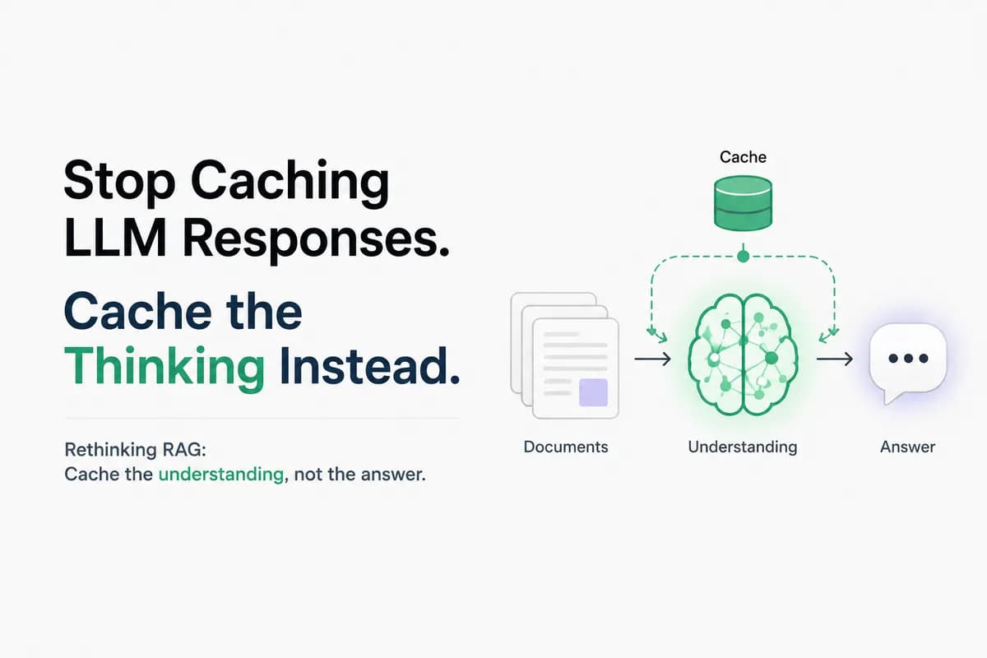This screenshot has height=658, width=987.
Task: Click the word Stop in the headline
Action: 119,182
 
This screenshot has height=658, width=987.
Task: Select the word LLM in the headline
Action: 115,239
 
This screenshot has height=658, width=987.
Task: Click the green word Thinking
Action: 164,368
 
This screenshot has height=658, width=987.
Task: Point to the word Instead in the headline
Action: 369,365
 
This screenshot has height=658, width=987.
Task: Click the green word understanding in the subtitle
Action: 221,475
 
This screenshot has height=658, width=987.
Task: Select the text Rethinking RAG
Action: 135,450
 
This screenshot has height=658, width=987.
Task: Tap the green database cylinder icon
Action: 743,203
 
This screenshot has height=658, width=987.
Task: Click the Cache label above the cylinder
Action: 743,157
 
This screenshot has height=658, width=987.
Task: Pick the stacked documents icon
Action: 565,355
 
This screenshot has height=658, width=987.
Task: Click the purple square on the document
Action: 593,392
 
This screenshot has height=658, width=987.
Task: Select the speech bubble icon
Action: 908,362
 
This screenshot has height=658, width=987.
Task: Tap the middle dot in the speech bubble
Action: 909,359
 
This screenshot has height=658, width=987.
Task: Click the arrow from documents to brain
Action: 652,359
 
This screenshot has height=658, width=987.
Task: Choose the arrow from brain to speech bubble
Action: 835,359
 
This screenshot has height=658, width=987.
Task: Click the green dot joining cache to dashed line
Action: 743,256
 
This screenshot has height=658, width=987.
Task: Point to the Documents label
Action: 566,447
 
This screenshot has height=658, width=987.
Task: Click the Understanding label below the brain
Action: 743,447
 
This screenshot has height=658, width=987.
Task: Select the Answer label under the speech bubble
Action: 908,447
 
